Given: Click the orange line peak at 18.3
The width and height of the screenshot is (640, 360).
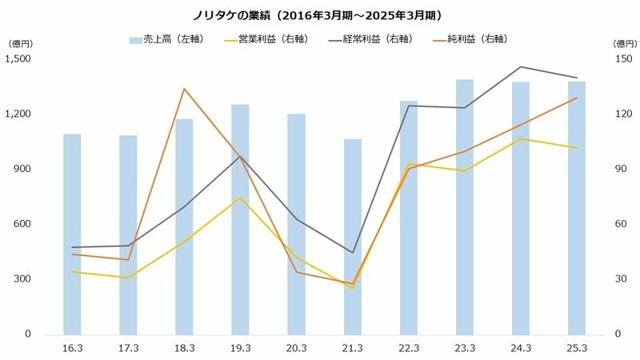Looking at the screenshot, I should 184,89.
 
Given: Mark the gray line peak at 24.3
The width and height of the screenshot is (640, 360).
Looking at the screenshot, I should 521,67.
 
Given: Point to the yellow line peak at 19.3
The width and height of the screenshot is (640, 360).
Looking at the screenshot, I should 240,198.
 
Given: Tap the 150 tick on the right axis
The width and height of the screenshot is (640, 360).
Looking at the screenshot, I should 621,58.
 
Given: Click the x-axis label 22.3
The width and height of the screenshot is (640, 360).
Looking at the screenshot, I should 409,347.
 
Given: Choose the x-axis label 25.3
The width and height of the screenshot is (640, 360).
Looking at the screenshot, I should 577,347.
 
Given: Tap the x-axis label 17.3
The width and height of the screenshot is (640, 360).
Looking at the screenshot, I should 128,347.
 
